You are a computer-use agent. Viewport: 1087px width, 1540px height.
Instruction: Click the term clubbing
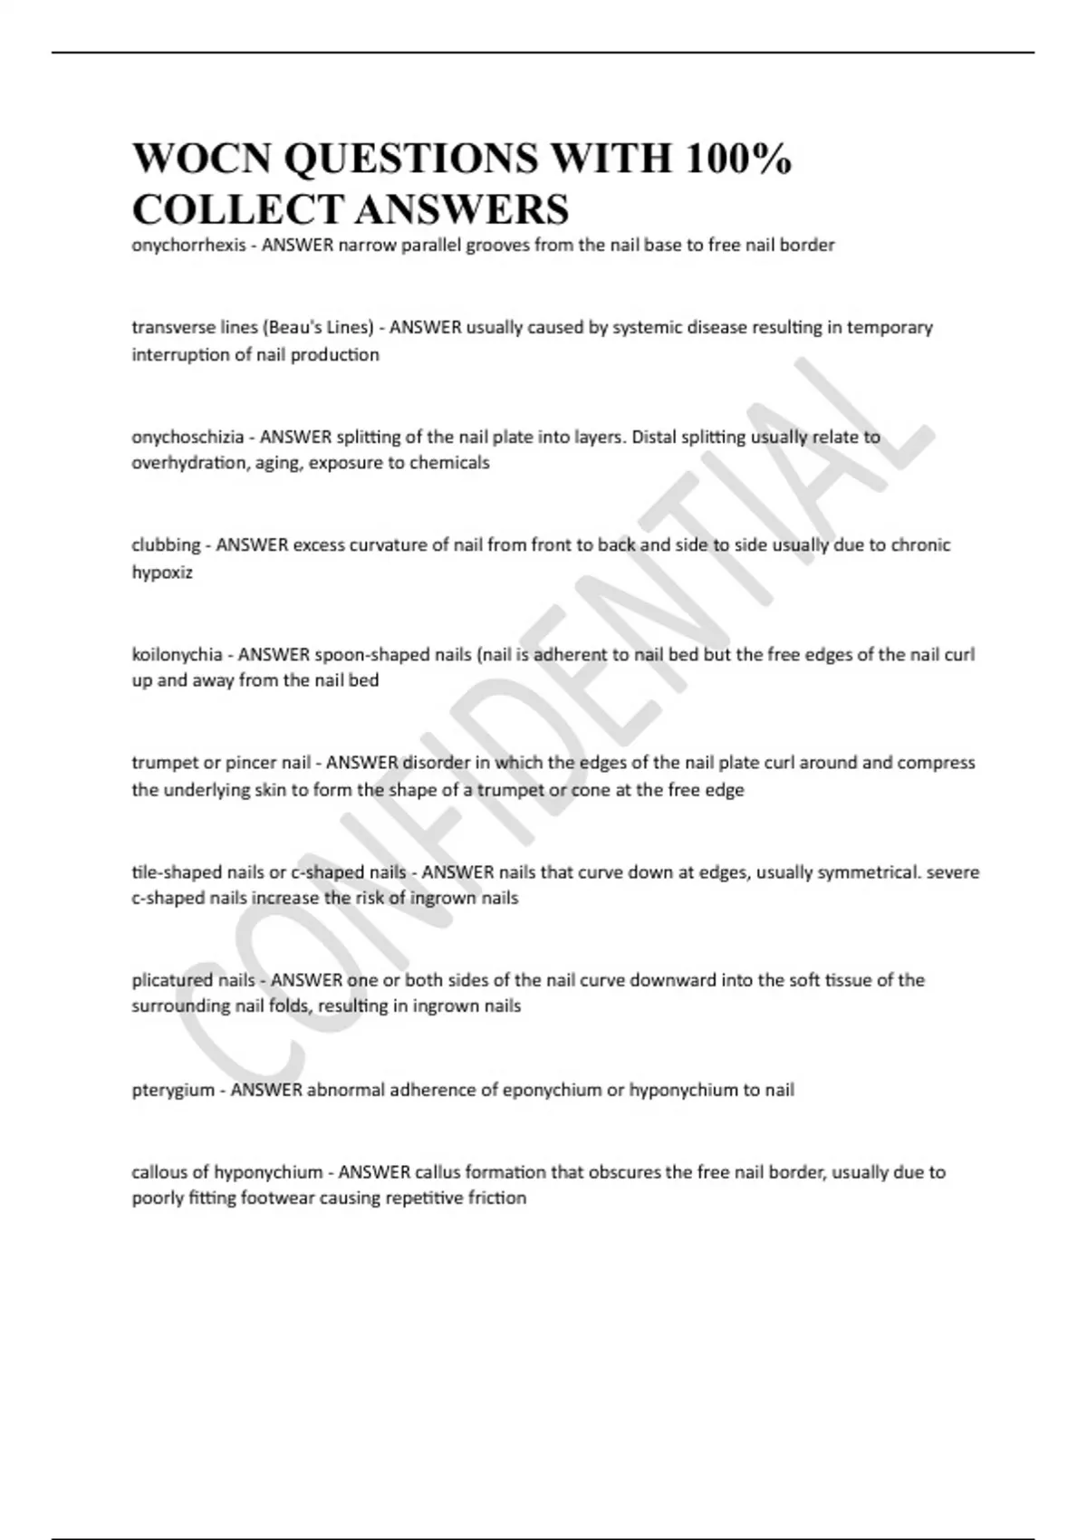(x=166, y=545)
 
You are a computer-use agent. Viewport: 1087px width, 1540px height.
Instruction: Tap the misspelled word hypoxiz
(x=162, y=573)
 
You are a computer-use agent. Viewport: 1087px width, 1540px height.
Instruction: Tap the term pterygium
(x=173, y=1090)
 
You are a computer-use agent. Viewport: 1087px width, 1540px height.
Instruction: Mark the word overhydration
(x=188, y=463)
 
